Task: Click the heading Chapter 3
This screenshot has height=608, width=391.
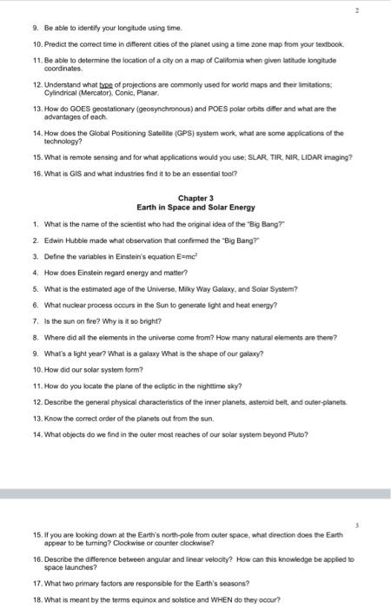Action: click(195, 198)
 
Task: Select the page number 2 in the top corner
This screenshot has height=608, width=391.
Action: click(381, 12)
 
